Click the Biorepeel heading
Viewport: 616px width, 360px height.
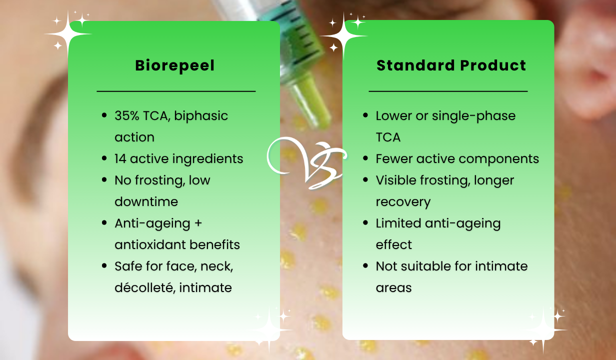click(174, 66)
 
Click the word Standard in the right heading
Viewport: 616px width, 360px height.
click(416, 65)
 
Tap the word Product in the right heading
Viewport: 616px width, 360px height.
click(493, 65)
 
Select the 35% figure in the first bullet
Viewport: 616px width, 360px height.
click(127, 116)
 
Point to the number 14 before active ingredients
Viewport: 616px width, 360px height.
click(120, 158)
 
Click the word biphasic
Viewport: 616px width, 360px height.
click(201, 116)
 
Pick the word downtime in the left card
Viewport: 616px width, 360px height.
click(146, 201)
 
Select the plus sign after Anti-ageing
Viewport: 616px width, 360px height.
click(198, 223)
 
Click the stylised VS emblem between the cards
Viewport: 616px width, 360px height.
click(307, 163)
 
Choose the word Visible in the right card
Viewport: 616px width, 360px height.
click(396, 180)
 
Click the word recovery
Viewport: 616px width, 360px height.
click(403, 202)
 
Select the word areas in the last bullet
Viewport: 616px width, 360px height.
click(394, 288)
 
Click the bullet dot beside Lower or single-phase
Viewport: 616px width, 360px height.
click(365, 115)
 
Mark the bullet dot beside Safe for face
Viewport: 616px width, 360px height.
click(104, 265)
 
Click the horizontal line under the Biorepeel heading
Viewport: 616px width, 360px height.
click(176, 91)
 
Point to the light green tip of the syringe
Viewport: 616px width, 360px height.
click(311, 103)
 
